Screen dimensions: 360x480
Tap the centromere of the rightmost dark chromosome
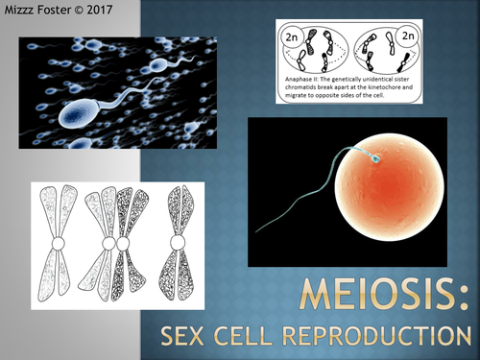click(178, 244)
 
